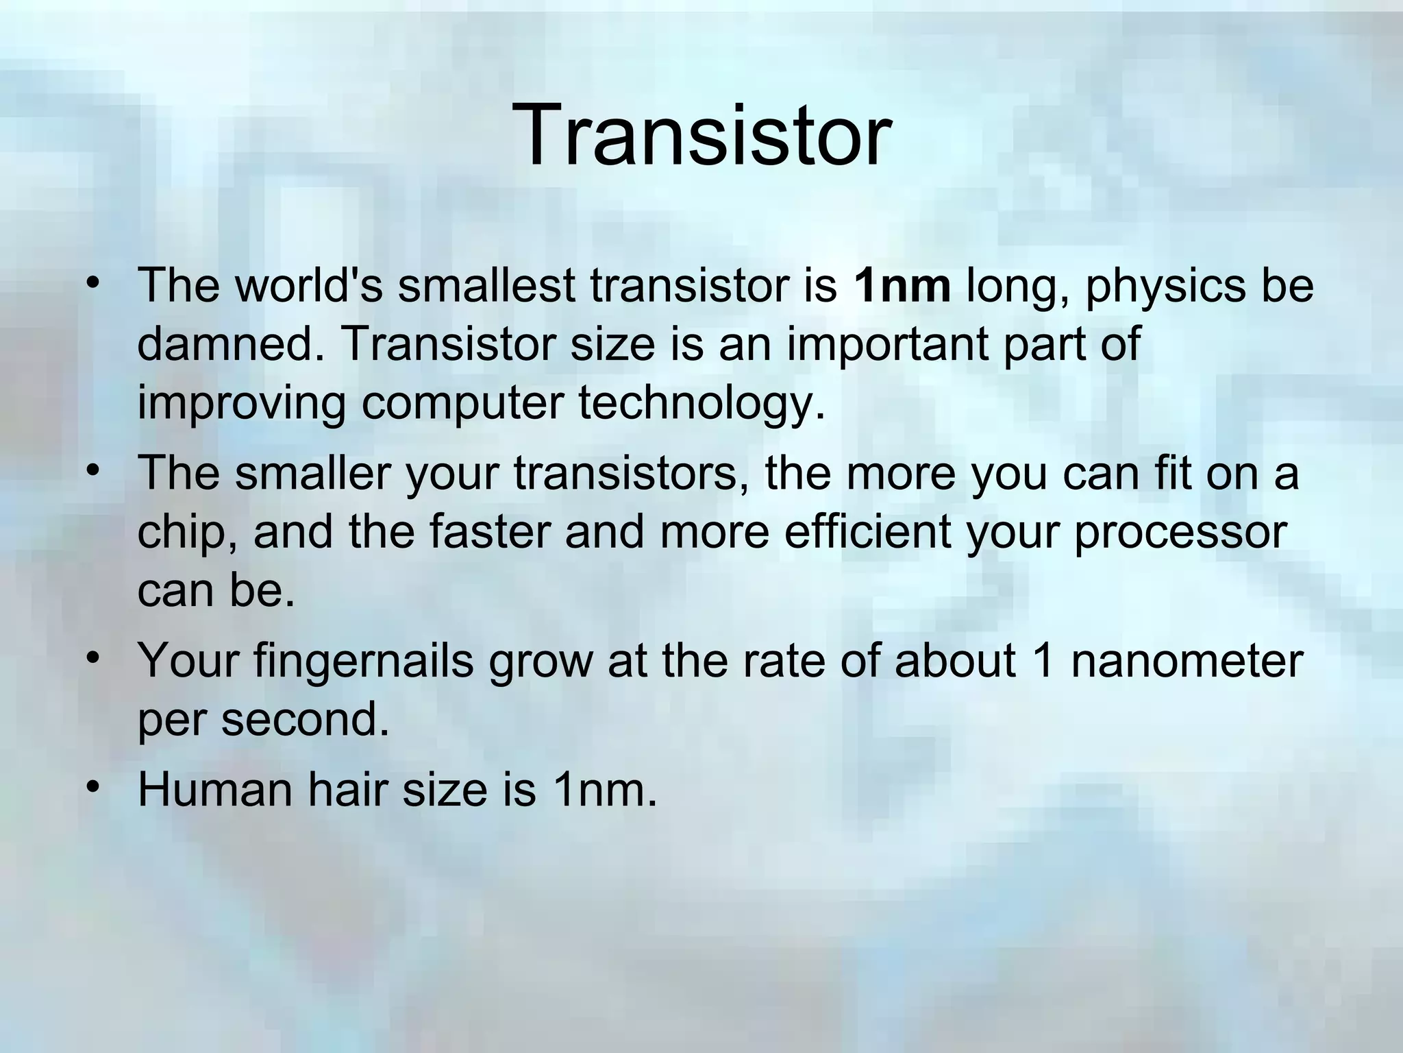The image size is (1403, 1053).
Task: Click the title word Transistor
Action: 705,134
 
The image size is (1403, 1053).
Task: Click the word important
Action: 888,344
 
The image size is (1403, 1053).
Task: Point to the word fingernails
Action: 363,662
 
